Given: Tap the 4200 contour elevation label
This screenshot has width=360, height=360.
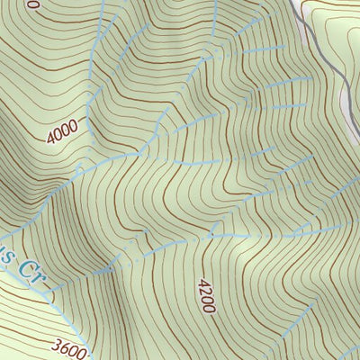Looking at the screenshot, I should [202, 295].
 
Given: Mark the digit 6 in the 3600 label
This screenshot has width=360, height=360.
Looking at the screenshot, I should [64, 345].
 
